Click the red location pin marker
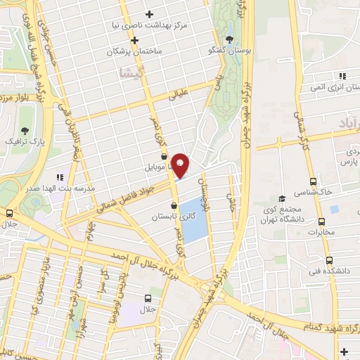(180, 165)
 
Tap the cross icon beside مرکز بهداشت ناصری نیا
(149, 14)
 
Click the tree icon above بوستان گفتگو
(229, 39)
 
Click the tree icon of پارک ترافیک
(25, 131)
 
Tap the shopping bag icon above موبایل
(163, 156)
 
